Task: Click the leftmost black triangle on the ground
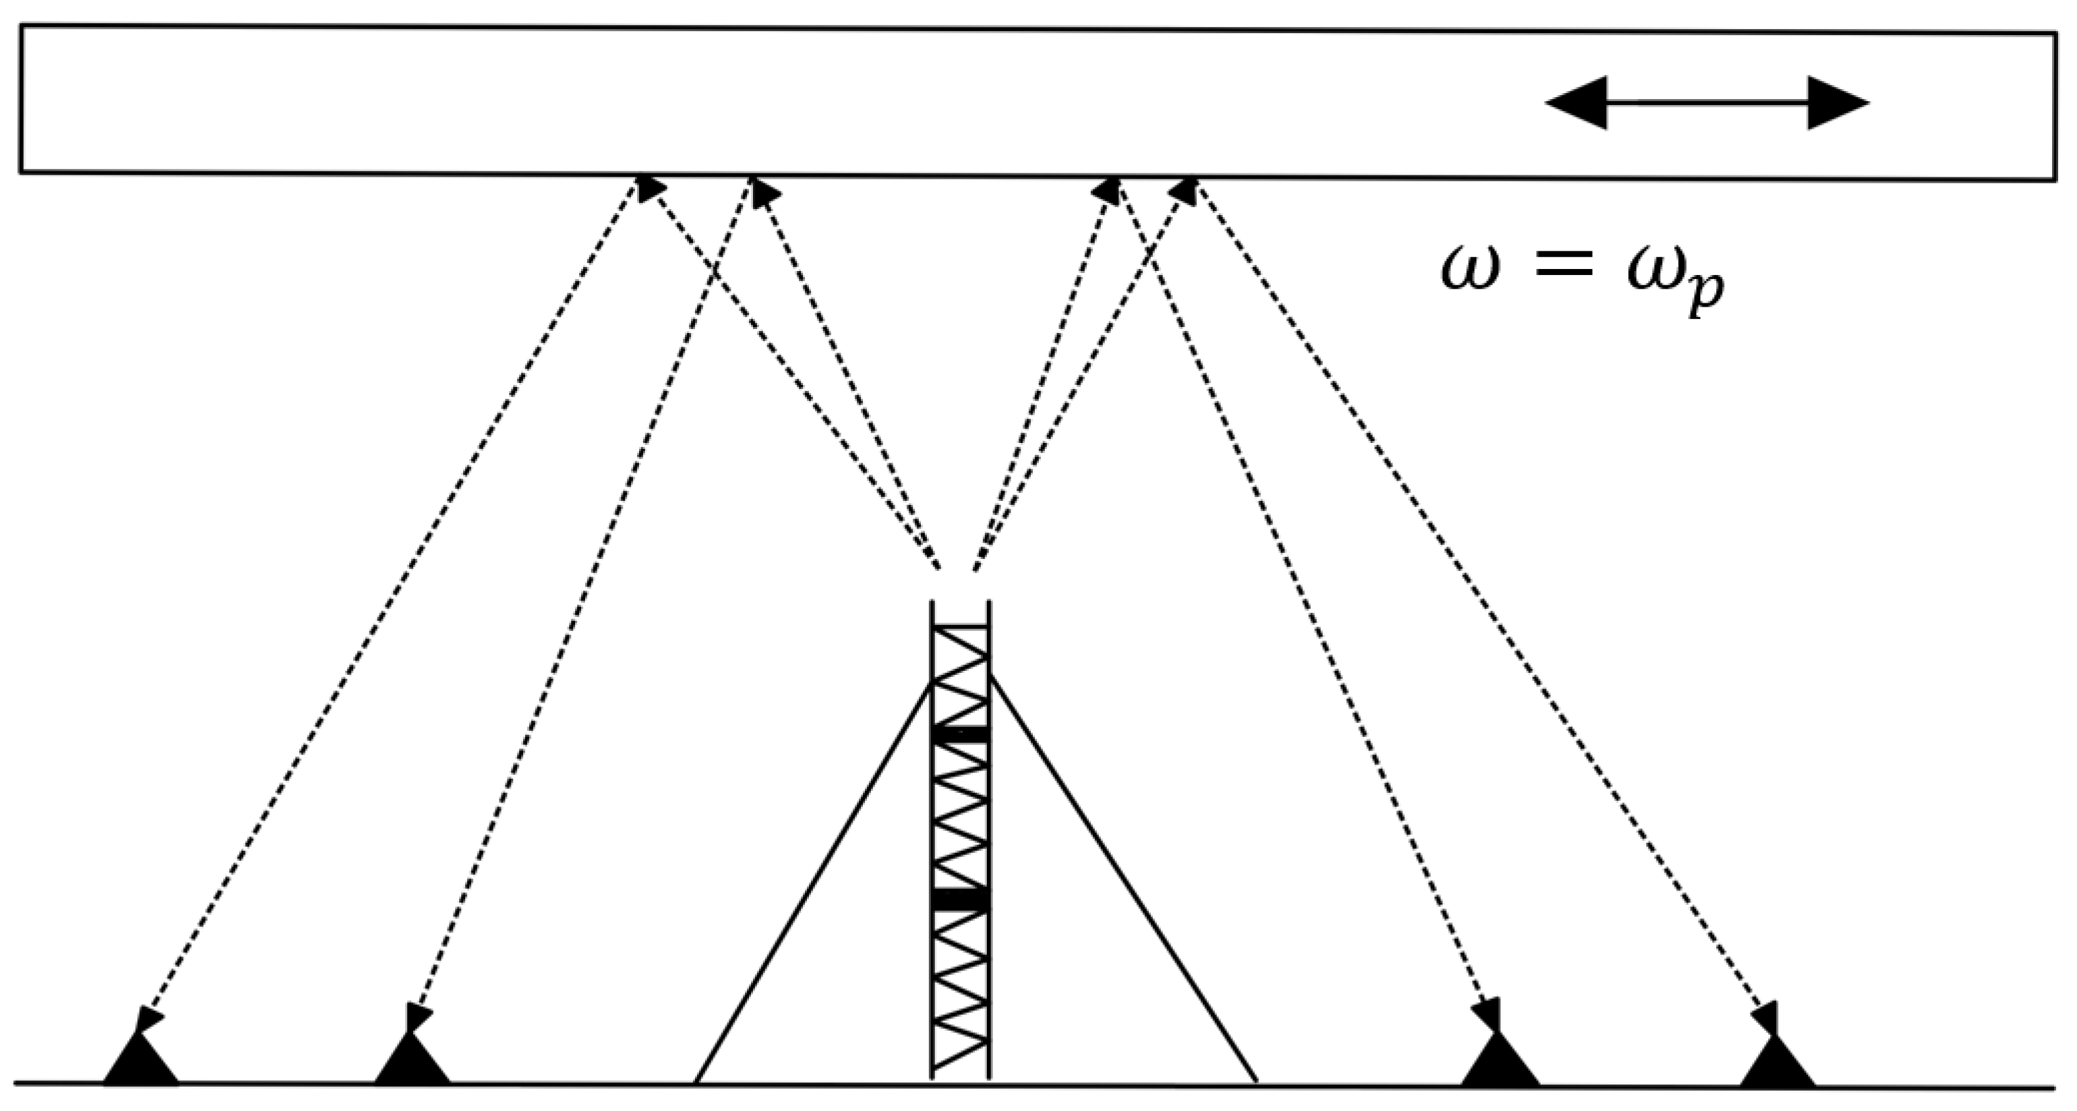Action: click(140, 1062)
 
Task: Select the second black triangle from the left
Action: click(412, 1062)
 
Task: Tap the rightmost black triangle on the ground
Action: click(1777, 1062)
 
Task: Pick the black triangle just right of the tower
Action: click(1500, 1062)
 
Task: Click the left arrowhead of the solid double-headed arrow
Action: click(1576, 102)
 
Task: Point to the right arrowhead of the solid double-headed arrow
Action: click(1838, 102)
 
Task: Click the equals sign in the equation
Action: click(1564, 266)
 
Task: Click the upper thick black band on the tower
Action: click(960, 734)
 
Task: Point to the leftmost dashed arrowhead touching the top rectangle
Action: click(649, 187)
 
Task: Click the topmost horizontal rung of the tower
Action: click(960, 626)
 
